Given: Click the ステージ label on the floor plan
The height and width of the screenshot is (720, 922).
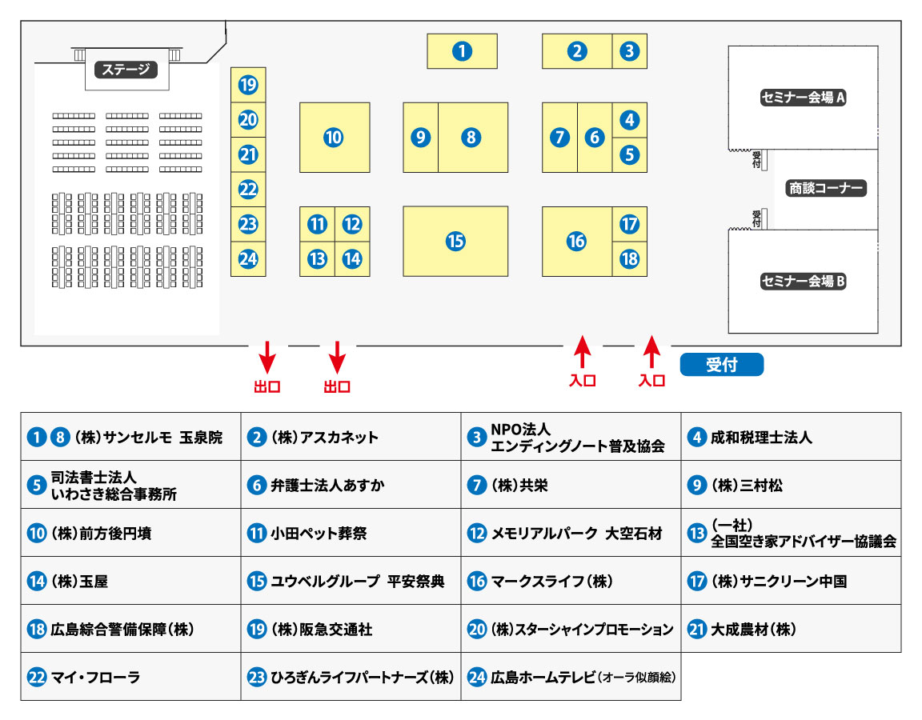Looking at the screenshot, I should [126, 70].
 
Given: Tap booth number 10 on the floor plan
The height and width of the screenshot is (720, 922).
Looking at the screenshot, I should [334, 138].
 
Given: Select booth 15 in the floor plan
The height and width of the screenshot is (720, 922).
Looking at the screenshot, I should [455, 241].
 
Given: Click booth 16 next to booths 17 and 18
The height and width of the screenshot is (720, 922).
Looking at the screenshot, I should [576, 241].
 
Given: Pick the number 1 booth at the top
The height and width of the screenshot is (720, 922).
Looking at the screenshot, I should [462, 51].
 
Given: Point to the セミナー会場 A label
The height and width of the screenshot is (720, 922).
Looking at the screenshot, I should [803, 98].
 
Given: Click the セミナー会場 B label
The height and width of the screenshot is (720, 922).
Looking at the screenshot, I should [803, 281].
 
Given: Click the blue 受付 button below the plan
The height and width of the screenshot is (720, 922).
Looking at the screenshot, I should [721, 365].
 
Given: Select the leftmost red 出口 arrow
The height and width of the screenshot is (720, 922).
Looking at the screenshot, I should [267, 356].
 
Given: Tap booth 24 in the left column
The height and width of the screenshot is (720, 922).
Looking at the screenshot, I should [248, 259].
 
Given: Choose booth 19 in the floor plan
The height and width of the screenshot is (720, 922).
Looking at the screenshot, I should [248, 85].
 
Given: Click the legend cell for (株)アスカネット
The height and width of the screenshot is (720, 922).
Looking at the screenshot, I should [350, 438].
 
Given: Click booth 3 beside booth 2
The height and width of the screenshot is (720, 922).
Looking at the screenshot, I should [630, 51].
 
